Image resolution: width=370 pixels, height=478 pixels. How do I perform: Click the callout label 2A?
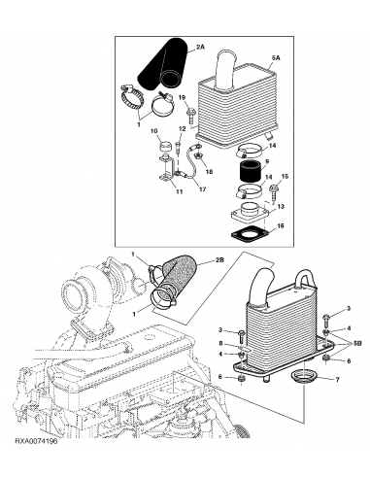click(201, 46)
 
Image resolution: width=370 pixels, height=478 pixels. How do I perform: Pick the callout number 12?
click(182, 128)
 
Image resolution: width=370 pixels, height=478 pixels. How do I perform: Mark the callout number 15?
click(285, 176)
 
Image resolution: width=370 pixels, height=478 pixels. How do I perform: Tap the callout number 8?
click(221, 343)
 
